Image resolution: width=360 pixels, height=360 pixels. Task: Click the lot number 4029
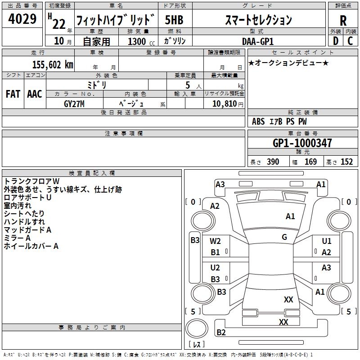click(22, 19)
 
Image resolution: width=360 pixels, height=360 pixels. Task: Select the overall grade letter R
click(343, 21)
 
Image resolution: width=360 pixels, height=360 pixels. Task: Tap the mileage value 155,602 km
click(53, 64)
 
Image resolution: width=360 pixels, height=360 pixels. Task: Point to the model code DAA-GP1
click(258, 41)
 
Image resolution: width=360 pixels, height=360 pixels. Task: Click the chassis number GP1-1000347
click(302, 143)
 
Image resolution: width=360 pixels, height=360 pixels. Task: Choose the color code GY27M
click(74, 104)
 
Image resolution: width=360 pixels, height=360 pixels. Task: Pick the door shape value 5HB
click(174, 20)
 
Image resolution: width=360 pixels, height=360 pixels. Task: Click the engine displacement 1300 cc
click(141, 41)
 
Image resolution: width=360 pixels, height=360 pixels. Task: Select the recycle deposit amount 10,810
click(225, 104)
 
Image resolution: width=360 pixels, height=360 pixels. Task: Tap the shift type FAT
click(13, 94)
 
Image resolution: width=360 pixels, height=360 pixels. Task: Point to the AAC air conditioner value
click(35, 94)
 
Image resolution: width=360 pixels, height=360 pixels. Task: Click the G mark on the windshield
click(284, 237)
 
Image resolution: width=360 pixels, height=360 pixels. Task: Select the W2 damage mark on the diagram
click(215, 241)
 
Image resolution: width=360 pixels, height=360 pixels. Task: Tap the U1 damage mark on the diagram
click(327, 241)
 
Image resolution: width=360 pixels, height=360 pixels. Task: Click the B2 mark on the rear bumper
click(221, 332)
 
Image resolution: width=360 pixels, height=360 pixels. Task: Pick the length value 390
click(273, 162)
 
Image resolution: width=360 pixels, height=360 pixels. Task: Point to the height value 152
click(346, 162)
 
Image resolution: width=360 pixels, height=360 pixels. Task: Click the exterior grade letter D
click(336, 41)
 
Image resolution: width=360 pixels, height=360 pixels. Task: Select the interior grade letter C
click(350, 41)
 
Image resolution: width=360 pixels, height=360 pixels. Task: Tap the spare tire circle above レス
click(197, 328)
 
